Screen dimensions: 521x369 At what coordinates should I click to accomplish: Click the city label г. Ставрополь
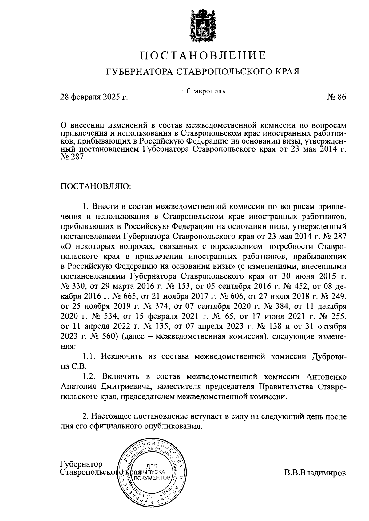pos(203,91)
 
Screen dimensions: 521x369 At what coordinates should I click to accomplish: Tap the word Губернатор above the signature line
pos(81,464)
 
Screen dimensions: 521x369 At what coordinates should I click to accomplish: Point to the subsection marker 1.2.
pos(90,377)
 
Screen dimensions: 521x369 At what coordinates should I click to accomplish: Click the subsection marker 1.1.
pos(90,357)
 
